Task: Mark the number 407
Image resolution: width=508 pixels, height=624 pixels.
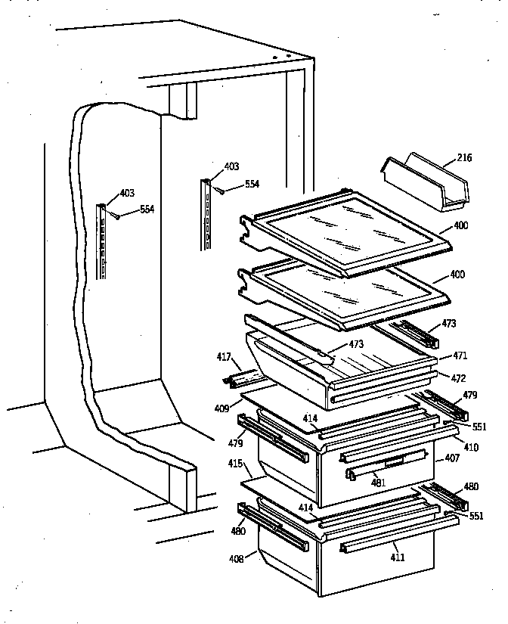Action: coord(451,458)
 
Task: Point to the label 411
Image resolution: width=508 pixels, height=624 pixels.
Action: coord(398,557)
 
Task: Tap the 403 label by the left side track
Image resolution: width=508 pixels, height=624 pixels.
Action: coord(127,194)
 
